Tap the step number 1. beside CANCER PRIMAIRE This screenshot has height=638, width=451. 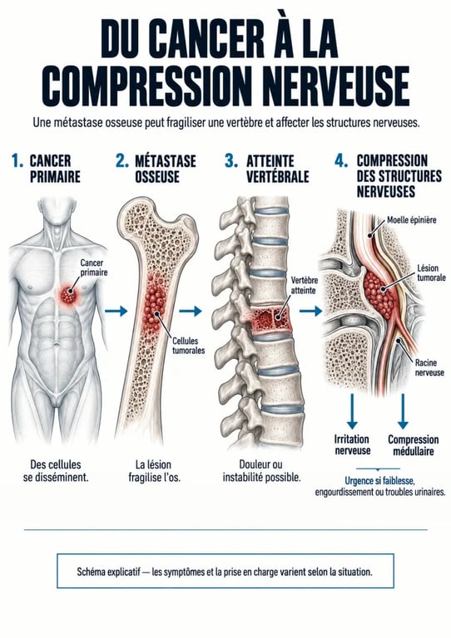pos(17,160)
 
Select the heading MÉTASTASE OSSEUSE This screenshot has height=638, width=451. pos(166,169)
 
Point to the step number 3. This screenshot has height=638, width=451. pos(231,160)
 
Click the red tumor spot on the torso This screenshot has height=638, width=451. pos(68,295)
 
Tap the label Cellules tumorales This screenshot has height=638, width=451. pos(188,346)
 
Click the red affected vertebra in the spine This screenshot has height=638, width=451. pos(270,319)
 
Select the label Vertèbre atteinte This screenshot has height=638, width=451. pos(304,285)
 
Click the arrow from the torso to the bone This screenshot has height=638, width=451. pos(116,312)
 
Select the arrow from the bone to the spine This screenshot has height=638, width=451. pos(191,312)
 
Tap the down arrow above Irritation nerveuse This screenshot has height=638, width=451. pos(353,411)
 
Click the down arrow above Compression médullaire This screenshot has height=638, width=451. pos(403,411)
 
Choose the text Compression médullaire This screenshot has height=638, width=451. pos(413,445)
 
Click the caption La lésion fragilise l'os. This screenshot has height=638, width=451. pos(154,471)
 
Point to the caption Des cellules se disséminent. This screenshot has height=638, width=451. pos(56,471)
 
